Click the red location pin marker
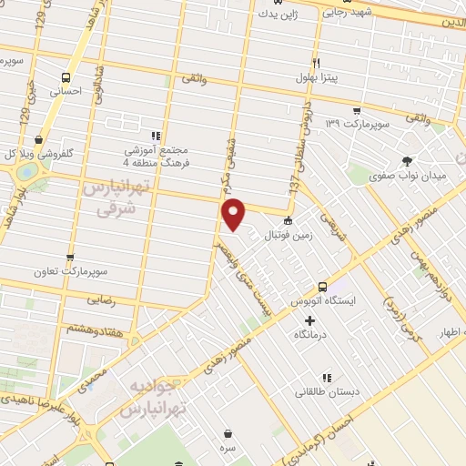click(x=234, y=213)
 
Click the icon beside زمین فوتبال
click(x=289, y=220)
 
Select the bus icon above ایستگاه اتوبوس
click(x=323, y=286)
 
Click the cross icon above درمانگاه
click(x=310, y=320)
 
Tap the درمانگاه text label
click(x=310, y=335)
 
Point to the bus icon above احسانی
click(x=65, y=77)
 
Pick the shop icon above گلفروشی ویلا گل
click(x=38, y=139)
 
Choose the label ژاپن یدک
click(x=277, y=14)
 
